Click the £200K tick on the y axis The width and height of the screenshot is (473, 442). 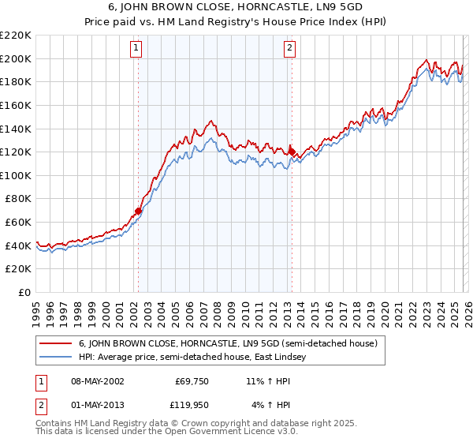(16, 58)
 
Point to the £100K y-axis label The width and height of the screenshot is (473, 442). (16, 175)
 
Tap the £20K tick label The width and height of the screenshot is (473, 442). (18, 268)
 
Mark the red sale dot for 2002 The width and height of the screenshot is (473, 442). (138, 211)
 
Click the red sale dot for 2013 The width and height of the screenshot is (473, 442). (291, 151)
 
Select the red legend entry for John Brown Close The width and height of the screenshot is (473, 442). (229, 343)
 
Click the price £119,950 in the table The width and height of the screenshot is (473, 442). (192, 406)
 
